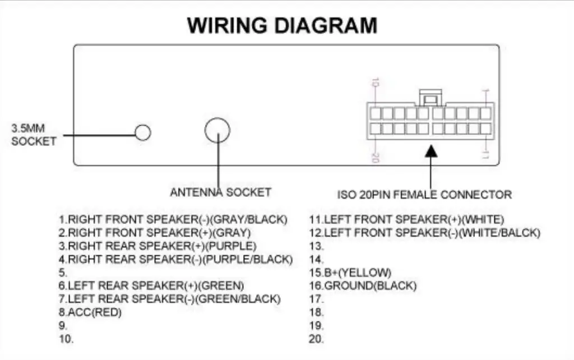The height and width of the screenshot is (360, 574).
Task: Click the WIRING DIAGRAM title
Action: click(282, 25)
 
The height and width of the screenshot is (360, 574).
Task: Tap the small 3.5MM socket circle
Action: click(143, 132)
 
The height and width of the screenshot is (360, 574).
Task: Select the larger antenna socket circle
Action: click(217, 131)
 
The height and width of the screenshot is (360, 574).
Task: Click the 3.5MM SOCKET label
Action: click(34, 135)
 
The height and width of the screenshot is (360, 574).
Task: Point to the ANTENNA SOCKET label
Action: click(220, 192)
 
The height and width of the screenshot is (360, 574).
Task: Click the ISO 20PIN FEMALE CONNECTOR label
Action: click(424, 195)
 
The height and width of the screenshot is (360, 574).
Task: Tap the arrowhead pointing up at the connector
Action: click(430, 151)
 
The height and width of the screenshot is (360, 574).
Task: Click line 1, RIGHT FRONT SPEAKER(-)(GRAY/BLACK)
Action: click(173, 219)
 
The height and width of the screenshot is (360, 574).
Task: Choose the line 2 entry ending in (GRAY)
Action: click(155, 232)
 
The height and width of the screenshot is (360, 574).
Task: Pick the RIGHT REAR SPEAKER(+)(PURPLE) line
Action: click(158, 246)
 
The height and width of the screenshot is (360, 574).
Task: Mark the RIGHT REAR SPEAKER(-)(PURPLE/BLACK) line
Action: click(175, 259)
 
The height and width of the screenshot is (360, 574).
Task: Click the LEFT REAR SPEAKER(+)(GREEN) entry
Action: click(151, 285)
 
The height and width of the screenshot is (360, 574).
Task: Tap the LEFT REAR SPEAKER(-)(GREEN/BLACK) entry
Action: click(169, 299)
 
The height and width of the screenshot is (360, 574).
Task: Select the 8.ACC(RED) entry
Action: click(90, 312)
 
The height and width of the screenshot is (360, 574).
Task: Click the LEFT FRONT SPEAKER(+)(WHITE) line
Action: click(406, 219)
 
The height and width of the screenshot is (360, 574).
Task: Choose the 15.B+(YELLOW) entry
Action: click(350, 273)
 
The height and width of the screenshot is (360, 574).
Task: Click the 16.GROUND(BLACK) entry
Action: click(363, 286)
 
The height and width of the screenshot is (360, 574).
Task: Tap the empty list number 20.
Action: click(316, 339)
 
